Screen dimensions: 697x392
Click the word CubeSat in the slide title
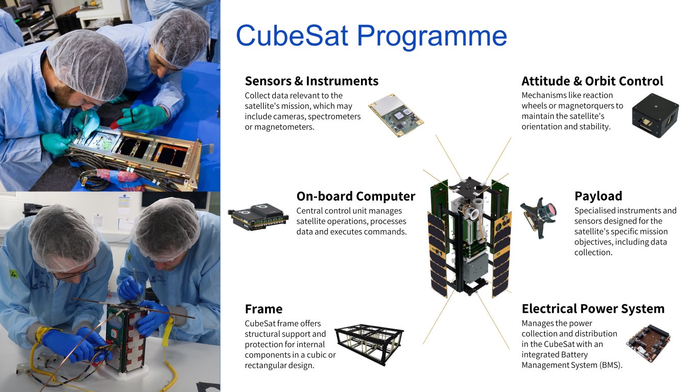pos(292,36)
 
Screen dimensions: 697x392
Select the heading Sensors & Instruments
pos(311,81)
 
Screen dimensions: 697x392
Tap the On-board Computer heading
pos(356,197)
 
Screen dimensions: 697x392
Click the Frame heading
pos(263,309)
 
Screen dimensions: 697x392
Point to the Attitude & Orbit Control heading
pos(592,81)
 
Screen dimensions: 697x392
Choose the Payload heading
pos(598,196)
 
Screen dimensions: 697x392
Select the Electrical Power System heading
pos(593,309)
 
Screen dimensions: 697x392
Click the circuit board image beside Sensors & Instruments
pos(396,115)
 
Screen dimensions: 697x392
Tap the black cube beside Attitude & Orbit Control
pos(655,115)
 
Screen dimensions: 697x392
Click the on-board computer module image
pos(258,217)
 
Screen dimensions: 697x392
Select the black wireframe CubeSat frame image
pos(369,344)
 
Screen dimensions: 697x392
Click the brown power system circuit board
pos(648,343)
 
